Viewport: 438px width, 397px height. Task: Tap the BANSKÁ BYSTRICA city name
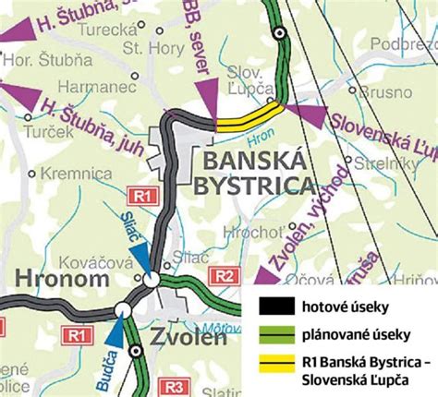pos(253,174)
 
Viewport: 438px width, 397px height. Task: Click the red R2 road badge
pos(223,275)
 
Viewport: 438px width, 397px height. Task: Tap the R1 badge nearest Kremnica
pos(140,196)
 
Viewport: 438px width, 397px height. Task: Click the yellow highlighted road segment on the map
pos(248,116)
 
